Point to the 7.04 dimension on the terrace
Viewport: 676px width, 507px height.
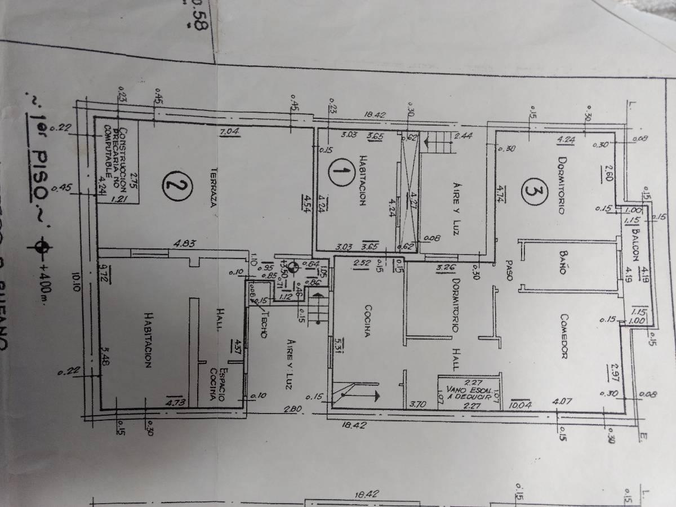230,132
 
